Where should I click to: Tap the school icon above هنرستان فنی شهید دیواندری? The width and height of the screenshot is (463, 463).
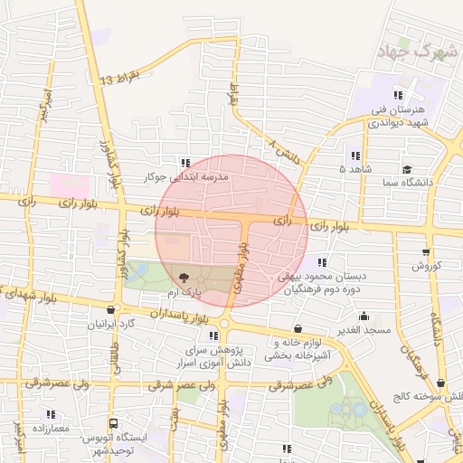397,96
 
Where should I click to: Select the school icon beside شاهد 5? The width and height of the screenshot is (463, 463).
354,156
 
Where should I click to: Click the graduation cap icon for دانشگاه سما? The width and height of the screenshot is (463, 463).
408,169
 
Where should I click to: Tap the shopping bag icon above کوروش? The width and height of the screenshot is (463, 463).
426,252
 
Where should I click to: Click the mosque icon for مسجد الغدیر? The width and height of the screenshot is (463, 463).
364,316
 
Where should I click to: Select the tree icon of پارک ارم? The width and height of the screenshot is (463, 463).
184,279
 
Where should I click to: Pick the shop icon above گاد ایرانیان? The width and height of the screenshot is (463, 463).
111,309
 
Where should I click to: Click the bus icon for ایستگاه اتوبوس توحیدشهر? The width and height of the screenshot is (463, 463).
113,423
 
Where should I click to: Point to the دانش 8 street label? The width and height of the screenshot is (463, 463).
284,150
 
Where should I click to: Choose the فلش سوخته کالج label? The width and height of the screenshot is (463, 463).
428,396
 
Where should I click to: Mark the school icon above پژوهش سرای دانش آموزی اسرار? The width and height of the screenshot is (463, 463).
213,335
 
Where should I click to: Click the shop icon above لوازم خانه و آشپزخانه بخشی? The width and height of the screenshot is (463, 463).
298,329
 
